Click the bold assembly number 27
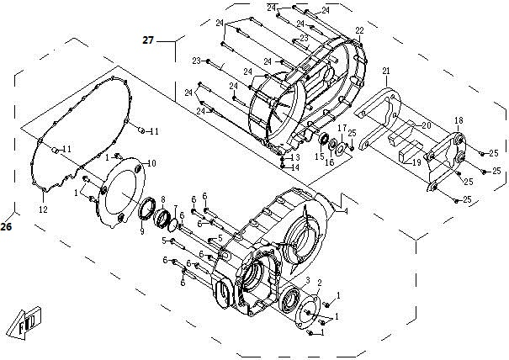point(148,40)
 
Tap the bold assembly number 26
point(7,226)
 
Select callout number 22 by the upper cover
point(359,30)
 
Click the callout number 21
point(386,70)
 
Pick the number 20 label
point(427,125)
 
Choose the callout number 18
point(459,120)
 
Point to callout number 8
point(162,199)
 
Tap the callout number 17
point(342,128)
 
